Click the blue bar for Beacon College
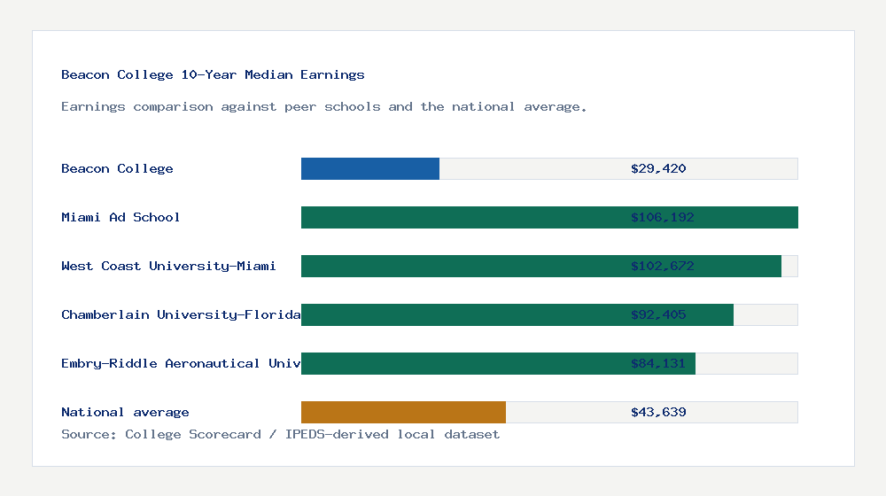(370, 168)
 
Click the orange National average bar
(403, 412)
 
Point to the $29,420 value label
(658, 168)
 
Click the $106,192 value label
(658, 217)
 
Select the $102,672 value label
(658, 266)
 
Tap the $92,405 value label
(658, 314)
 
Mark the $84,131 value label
(658, 363)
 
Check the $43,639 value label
(658, 412)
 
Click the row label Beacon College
(117, 168)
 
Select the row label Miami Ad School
(120, 217)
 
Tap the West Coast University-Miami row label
(168, 266)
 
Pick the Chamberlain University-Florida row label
(181, 314)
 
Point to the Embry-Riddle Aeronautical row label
(181, 363)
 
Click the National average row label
(125, 412)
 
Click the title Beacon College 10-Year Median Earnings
(213, 74)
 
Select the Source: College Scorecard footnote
(280, 434)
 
